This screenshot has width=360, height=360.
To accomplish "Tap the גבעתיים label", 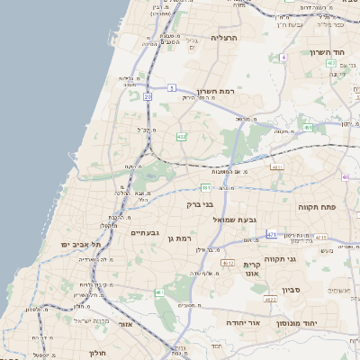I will click(145, 233).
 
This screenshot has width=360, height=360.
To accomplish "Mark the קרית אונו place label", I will click(251, 259).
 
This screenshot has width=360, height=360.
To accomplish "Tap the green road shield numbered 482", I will click(182, 137).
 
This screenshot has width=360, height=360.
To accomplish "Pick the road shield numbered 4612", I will click(228, 263).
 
